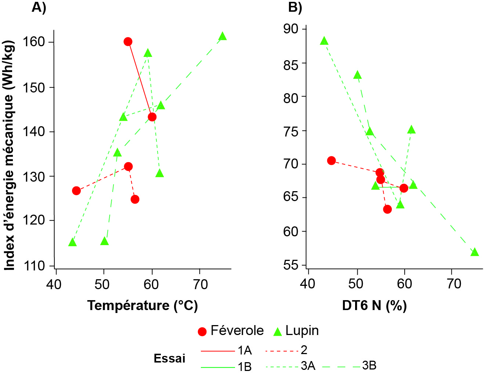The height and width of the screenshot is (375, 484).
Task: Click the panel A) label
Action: [39, 7]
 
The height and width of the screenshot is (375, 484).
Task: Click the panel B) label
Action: [295, 7]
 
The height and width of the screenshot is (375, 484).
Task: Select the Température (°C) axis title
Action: [142, 305]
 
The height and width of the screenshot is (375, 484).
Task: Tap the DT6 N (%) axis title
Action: [374, 305]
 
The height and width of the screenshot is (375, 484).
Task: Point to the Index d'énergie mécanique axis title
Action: [10, 156]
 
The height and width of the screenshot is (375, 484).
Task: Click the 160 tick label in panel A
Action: [34, 42]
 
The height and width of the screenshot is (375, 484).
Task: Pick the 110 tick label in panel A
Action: [34, 265]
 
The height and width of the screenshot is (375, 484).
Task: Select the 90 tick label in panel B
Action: [291, 29]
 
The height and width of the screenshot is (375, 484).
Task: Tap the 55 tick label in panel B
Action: [291, 265]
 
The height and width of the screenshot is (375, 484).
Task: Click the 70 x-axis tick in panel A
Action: [200, 284]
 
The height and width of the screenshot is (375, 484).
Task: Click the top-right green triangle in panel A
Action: [222, 36]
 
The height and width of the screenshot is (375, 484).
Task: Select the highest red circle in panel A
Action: [128, 41]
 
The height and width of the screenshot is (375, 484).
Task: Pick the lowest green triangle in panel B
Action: [474, 252]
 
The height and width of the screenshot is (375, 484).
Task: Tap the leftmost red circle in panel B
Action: [331, 160]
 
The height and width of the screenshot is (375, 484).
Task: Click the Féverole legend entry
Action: [231, 331]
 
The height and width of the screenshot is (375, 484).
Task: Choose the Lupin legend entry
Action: [296, 331]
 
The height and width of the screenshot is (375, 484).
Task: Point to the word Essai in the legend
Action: [169, 358]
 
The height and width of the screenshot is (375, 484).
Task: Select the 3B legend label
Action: [369, 365]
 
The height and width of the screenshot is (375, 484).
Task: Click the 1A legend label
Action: [245, 350]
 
